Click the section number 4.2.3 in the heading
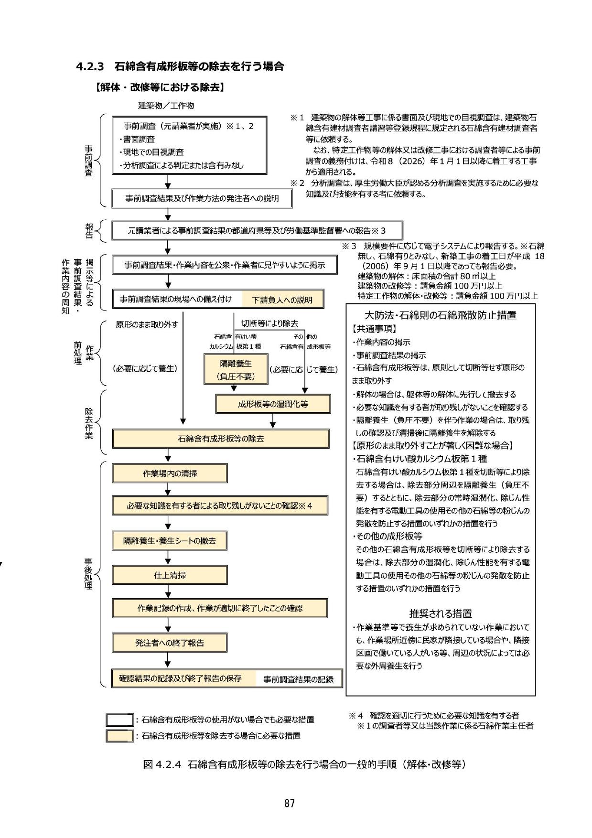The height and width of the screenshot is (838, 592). coord(90,66)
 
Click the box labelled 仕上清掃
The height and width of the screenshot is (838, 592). coord(170,575)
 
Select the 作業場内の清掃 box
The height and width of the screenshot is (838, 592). coord(170,473)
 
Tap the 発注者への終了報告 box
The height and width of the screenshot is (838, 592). coord(170,643)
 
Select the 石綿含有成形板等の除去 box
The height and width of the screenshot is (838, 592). coord(220,438)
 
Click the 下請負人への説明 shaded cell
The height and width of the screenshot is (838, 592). coord(282,300)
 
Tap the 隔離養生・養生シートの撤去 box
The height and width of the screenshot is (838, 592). coord(170,541)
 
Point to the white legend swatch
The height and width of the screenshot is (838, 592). coord(119,720)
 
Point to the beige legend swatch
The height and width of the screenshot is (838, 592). coord(119,736)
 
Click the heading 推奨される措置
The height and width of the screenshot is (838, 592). coord(440,613)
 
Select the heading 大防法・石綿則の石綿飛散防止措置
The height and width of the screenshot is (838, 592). coord(440,315)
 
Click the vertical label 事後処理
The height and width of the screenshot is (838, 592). coord(88,573)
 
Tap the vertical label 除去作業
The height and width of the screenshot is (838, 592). coord(89,422)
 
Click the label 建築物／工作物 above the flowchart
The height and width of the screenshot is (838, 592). coord(166,106)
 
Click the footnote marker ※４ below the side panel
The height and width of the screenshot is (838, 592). coord(356,716)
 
